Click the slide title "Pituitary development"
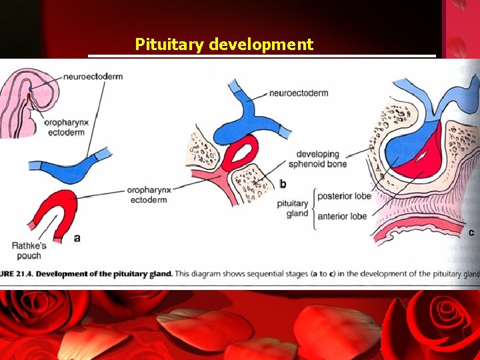[x=224, y=45]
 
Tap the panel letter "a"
[x=77, y=237]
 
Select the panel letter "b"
[x=283, y=183]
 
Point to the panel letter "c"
[x=471, y=232]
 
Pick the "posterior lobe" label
[x=344, y=196]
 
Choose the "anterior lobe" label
[x=342, y=216]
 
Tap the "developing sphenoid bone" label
[x=322, y=159]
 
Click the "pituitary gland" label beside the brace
[x=293, y=208]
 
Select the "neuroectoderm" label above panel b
[x=299, y=93]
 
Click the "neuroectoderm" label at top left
[x=93, y=77]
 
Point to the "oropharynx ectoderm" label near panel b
[x=149, y=195]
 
